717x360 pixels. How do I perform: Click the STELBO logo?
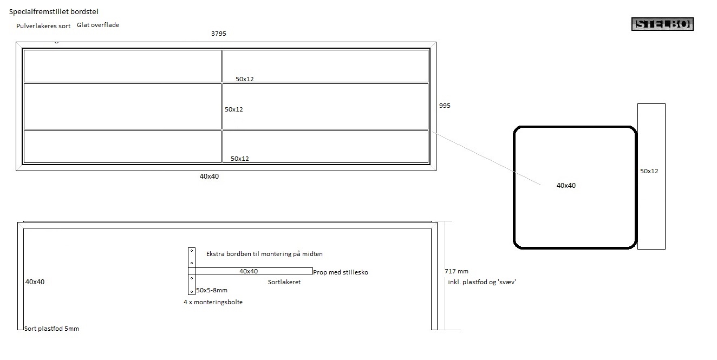[x=662, y=24]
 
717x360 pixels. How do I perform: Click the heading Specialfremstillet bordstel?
[x=54, y=11]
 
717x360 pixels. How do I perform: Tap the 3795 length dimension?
[x=218, y=34]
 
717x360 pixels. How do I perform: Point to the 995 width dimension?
[x=445, y=106]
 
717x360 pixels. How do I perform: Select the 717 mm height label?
[x=456, y=271]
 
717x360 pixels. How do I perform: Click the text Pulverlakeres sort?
[x=43, y=26]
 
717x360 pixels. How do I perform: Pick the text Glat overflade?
[x=98, y=25]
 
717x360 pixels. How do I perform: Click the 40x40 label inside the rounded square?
[x=566, y=186]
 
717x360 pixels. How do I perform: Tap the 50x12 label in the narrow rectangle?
[x=649, y=171]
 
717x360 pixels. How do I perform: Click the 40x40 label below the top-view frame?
[x=209, y=176]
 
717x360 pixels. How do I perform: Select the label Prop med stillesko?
[x=341, y=272]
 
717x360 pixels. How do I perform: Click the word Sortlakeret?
[x=284, y=282]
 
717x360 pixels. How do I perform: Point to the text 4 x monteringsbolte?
[x=213, y=302]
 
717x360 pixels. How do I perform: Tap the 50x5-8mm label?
[x=212, y=291]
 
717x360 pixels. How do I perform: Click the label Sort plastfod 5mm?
[x=52, y=329]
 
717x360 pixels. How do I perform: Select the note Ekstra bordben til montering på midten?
[x=264, y=254]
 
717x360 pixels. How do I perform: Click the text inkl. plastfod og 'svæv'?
[x=482, y=282]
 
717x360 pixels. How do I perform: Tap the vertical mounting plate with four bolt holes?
[x=191, y=271]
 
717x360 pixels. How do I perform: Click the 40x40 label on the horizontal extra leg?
[x=249, y=271]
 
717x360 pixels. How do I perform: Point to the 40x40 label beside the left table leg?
[x=35, y=282]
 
